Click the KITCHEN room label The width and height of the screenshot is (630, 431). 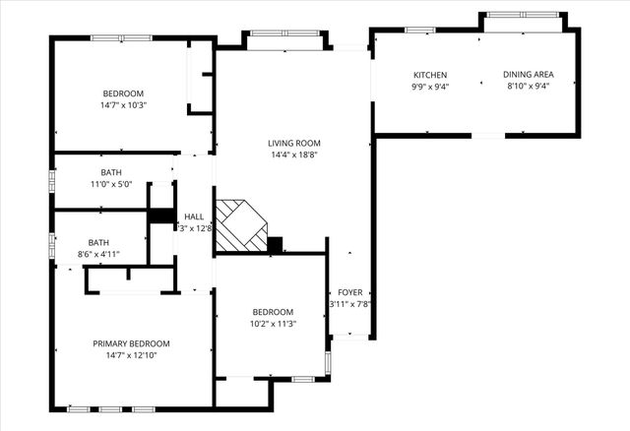[x=430, y=75]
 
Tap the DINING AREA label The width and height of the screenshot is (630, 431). [x=527, y=75]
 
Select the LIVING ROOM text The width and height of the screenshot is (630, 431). [x=293, y=143]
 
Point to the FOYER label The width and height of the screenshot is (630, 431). [x=349, y=292]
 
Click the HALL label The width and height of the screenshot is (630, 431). [x=194, y=216]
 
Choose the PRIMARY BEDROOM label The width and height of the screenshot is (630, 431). [x=131, y=343]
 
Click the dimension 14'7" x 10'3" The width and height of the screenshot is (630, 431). [x=122, y=104]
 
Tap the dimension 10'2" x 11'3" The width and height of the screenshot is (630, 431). [x=273, y=323]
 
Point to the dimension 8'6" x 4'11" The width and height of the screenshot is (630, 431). [x=99, y=254]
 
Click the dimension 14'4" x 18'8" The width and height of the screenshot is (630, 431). [x=293, y=154]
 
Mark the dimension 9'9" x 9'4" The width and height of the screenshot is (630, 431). [x=430, y=86]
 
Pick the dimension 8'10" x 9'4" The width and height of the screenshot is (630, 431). [x=527, y=86]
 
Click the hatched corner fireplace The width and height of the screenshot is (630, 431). [x=240, y=224]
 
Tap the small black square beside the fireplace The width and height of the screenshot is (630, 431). [x=275, y=244]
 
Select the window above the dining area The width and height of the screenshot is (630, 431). [x=522, y=15]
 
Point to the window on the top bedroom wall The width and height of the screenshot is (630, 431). [x=121, y=38]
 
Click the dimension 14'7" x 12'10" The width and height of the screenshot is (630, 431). [x=131, y=355]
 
